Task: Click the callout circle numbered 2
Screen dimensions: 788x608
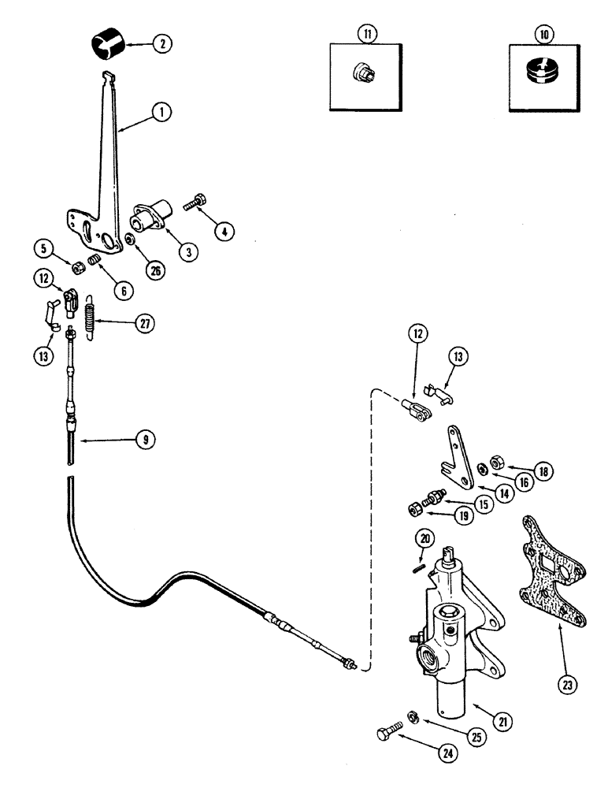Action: pos(161,44)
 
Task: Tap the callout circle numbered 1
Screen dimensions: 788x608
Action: pos(161,113)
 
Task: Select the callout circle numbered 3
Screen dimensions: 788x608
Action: pos(187,251)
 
